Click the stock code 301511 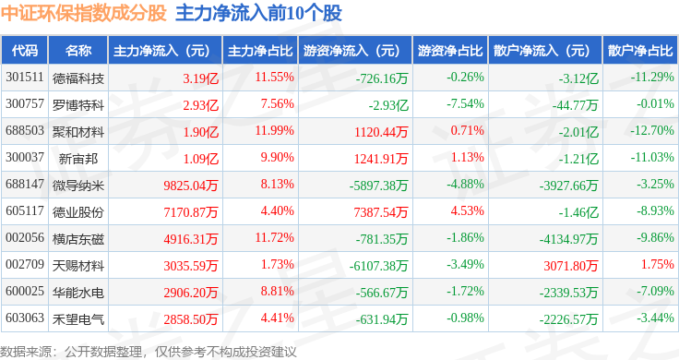click(x=25, y=78)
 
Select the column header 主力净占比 click(x=260, y=51)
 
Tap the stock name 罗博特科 click(x=78, y=105)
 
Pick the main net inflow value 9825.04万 click(x=191, y=186)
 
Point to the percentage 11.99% click(x=275, y=130)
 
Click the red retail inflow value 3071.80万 click(x=571, y=266)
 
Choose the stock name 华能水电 click(x=78, y=293)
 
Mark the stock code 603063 click(x=25, y=318)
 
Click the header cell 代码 click(x=25, y=51)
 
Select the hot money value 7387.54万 click(x=381, y=212)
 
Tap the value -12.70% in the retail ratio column click(x=652, y=130)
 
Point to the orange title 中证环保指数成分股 click(x=84, y=13)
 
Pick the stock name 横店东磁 click(x=78, y=239)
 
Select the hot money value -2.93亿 click(x=388, y=105)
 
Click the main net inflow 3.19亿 click(x=200, y=78)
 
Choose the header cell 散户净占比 click(x=640, y=51)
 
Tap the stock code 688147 click(x=25, y=184)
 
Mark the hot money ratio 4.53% click(x=467, y=211)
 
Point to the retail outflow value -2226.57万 click(x=568, y=319)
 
